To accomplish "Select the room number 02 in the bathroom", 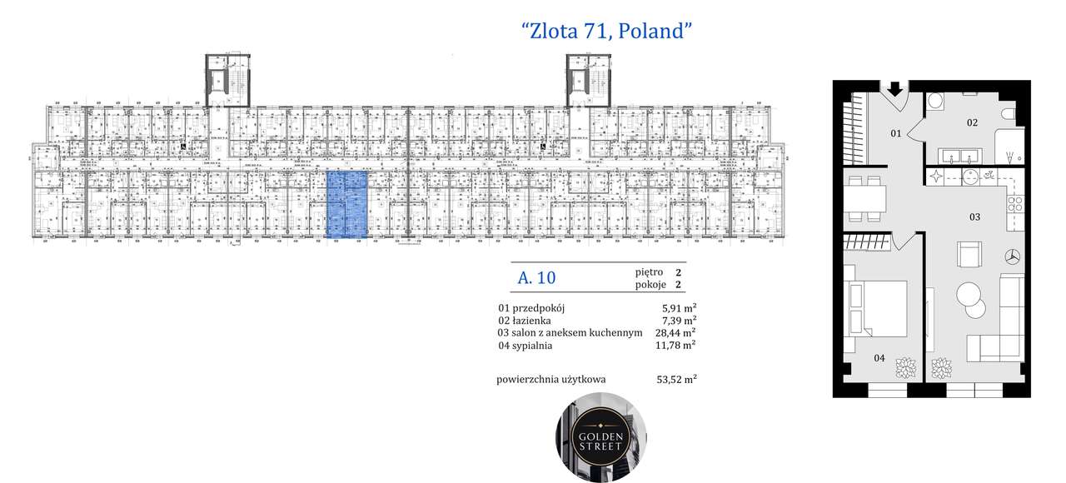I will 971,123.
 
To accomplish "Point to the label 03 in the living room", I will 974,217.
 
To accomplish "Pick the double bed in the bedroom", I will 876,306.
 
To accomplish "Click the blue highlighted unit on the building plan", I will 346,205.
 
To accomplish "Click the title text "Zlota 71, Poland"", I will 607,32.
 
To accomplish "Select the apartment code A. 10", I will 536,278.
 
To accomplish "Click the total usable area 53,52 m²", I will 676,380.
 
